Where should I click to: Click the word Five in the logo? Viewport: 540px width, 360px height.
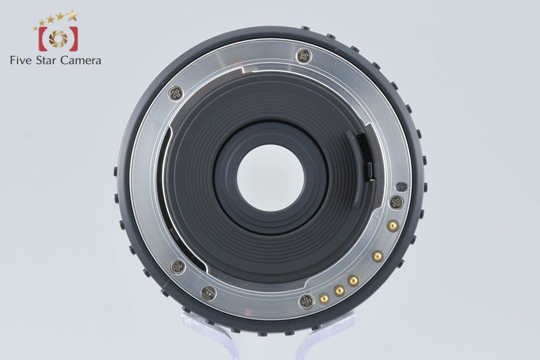pyautogui.click(x=22, y=60)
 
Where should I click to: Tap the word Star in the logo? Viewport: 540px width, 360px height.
pyautogui.click(x=46, y=60)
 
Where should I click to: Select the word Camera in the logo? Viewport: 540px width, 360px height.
pyautogui.click(x=80, y=60)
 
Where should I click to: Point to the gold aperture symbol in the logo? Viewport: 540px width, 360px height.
pyautogui.click(x=58, y=38)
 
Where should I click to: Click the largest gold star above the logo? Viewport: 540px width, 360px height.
pyautogui.click(x=72, y=15)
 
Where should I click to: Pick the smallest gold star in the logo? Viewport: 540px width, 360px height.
pyautogui.click(x=35, y=28)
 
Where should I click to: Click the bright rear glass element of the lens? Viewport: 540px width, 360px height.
pyautogui.click(x=271, y=178)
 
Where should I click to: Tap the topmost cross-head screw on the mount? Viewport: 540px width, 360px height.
pyautogui.click(x=304, y=56)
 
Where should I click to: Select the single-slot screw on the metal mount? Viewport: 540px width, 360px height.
pyautogui.click(x=209, y=293)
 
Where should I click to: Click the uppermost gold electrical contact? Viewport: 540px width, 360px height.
pyautogui.click(x=392, y=226)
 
